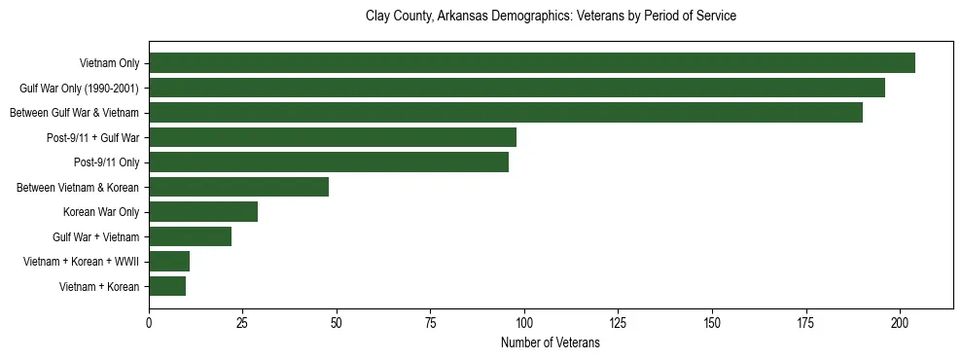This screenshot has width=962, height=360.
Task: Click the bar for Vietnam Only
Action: tap(531, 63)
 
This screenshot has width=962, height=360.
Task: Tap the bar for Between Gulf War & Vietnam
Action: tap(505, 113)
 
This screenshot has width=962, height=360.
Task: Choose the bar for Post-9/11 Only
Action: tap(329, 162)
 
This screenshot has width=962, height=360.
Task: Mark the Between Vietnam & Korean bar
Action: tap(238, 187)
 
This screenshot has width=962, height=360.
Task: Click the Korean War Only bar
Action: tap(203, 212)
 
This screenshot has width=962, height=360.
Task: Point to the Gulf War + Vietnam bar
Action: tap(190, 236)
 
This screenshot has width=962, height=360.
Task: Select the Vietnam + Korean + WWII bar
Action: tap(169, 262)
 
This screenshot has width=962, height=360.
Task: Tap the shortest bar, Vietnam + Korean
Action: tap(167, 286)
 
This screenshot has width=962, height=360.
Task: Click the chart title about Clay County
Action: tap(551, 17)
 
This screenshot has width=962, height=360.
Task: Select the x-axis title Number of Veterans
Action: tap(551, 343)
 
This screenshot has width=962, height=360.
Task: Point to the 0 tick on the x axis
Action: tap(149, 322)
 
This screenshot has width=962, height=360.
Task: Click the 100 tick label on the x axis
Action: tap(524, 322)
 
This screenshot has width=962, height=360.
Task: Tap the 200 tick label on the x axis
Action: tap(900, 322)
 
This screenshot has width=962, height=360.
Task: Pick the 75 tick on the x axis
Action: tap(431, 322)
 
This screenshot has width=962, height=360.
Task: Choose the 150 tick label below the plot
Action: tap(712, 322)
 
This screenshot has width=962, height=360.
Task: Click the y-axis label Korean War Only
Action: tap(101, 212)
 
